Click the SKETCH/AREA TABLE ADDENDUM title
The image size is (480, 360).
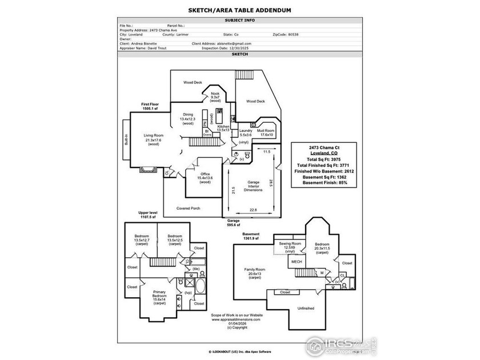coord(240,10)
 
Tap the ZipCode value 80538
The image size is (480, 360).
coord(293,34)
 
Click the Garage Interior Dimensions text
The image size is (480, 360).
coord(253,186)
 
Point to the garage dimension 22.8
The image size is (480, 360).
coord(252,210)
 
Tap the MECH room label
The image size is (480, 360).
coord(297,262)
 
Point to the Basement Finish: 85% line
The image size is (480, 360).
coord(324,183)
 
